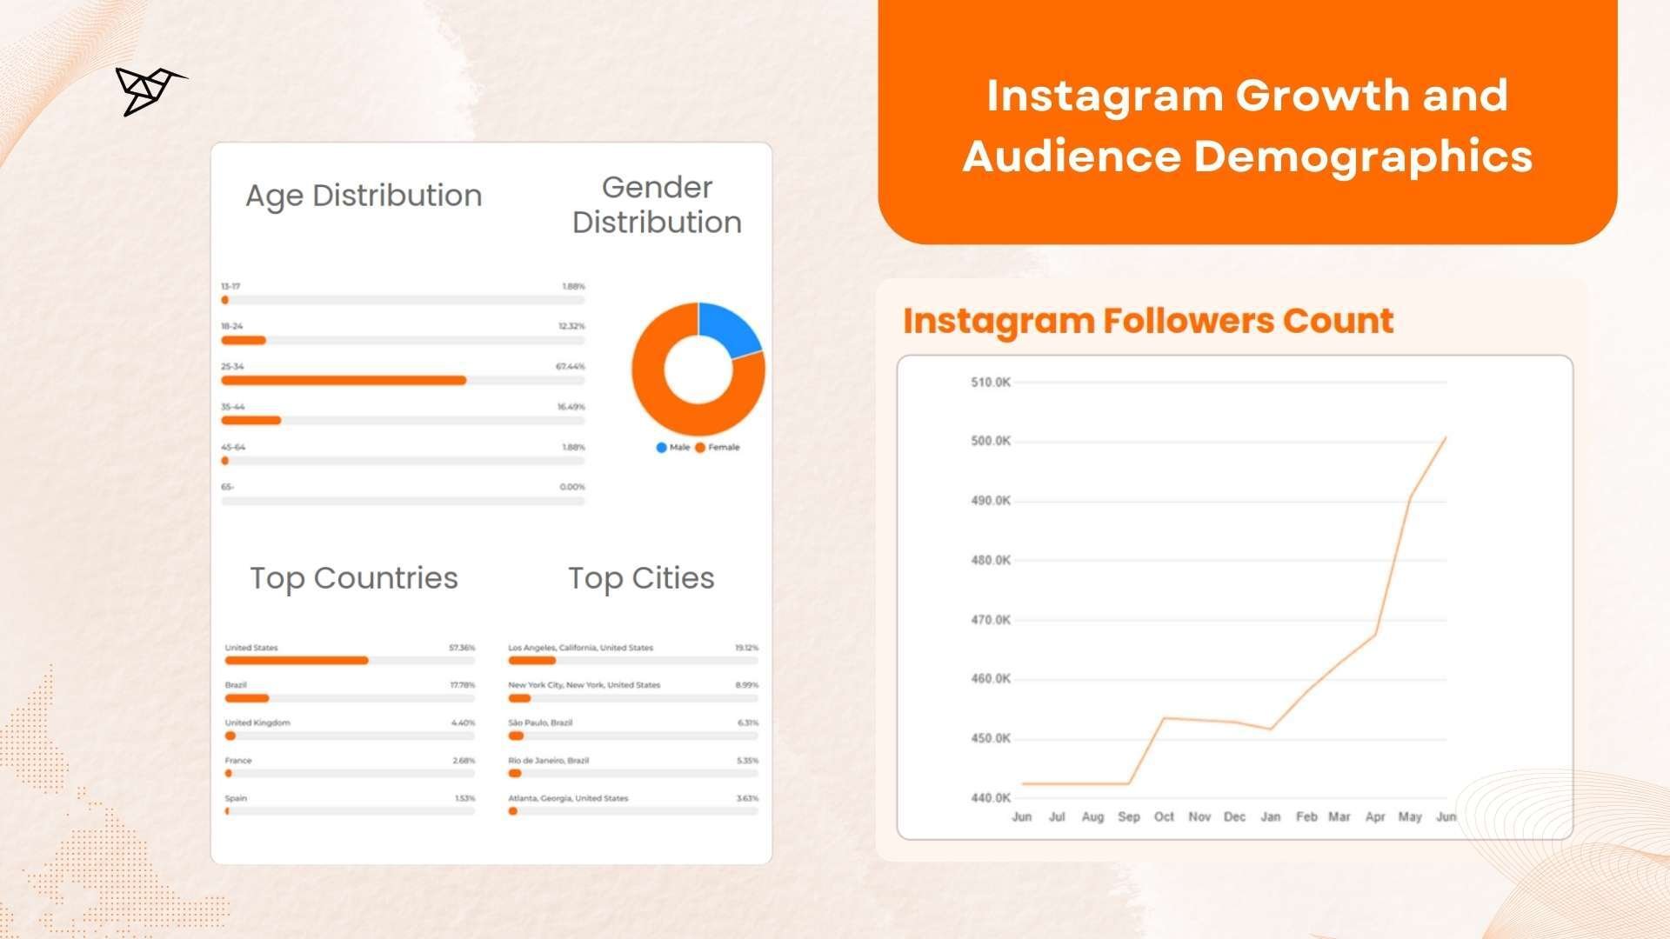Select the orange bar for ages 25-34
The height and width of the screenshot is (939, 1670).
344,380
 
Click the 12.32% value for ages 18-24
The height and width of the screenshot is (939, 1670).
571,326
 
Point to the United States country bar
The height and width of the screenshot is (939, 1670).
297,661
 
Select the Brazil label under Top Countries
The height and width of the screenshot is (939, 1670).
236,685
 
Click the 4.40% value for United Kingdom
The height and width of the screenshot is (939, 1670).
463,723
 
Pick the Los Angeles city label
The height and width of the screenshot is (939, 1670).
580,648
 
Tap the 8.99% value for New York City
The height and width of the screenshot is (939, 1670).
746,685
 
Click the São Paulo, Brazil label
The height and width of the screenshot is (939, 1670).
540,723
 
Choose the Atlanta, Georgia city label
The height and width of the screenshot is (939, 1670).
568,798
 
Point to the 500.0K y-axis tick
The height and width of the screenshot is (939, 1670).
990,441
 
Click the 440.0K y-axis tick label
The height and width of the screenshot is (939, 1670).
990,797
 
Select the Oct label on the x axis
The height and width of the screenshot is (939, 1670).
1164,817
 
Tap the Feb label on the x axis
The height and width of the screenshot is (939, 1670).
1306,817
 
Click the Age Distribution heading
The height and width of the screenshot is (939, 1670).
364,196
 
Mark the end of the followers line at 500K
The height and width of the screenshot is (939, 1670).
1446,437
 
